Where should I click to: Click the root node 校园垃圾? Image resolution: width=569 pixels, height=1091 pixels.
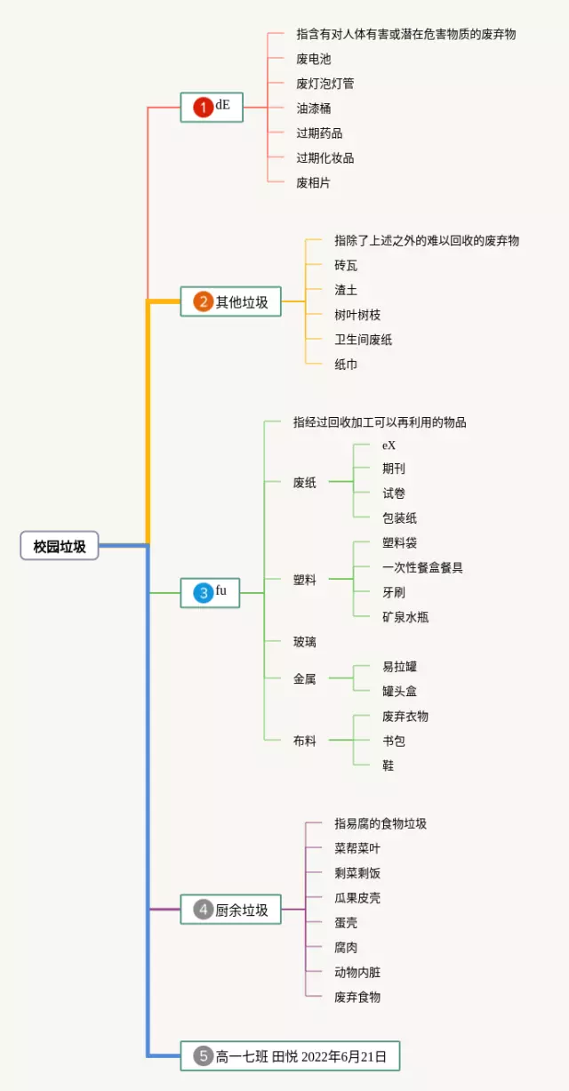tap(60, 547)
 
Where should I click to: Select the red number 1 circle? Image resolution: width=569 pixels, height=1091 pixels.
tap(203, 108)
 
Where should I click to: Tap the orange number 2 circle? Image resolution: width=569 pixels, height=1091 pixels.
tap(203, 302)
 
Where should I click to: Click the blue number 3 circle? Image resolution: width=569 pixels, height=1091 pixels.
tap(203, 593)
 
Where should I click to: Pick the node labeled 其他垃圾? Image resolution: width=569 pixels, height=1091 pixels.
tap(241, 302)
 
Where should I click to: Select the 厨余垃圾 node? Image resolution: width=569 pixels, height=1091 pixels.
tap(241, 910)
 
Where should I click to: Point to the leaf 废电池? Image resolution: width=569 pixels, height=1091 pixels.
tap(313, 59)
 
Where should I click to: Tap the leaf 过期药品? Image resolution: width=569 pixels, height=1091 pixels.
tap(319, 133)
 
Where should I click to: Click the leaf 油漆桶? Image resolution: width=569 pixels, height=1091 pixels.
tap(313, 108)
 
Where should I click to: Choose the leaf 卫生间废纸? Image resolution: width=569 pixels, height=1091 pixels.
tap(363, 340)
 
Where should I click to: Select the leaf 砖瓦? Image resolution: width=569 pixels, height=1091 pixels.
tap(346, 265)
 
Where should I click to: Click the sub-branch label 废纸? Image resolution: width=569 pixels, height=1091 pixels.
tap(305, 483)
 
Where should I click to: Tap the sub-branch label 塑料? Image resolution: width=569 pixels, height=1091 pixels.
tap(305, 580)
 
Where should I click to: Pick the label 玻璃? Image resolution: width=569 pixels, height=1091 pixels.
tap(305, 641)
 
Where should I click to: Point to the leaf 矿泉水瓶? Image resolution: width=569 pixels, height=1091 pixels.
tap(405, 617)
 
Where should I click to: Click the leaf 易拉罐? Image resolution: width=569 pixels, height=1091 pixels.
tap(399, 667)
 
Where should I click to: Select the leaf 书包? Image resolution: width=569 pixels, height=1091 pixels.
tap(394, 741)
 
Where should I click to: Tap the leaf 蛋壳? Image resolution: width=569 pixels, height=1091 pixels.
tap(346, 923)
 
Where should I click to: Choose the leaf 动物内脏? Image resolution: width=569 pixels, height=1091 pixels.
tap(357, 973)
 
